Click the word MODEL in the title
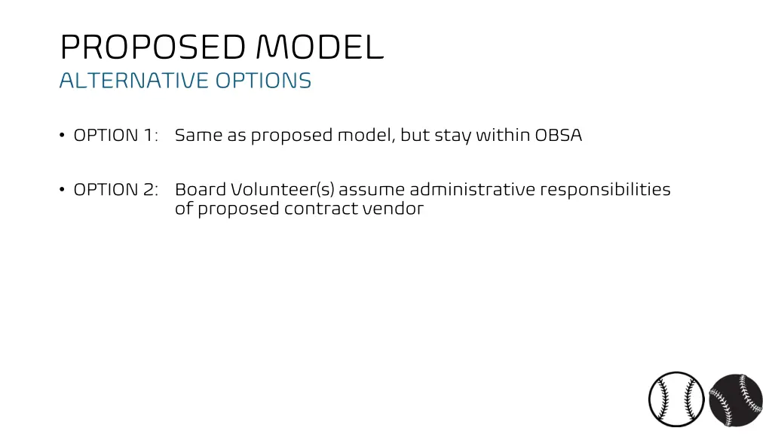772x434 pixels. pos(320,48)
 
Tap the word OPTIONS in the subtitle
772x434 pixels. pos(263,81)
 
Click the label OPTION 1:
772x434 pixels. pos(115,136)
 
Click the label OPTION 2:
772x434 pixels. pos(115,190)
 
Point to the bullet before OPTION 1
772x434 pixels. pos(61,136)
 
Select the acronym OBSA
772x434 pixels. pos(559,136)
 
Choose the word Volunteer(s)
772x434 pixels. pos(283,190)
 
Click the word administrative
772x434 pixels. pos(472,190)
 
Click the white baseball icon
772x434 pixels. pos(676,399)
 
